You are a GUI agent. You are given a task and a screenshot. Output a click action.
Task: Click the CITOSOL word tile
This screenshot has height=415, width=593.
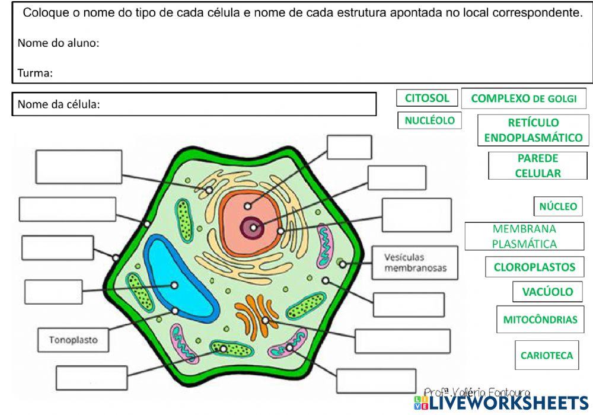pos(427,98)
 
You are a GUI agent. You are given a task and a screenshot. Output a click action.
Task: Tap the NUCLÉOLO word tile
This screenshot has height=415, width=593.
pos(429,120)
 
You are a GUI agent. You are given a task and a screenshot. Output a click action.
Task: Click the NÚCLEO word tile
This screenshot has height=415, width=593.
pos(557,207)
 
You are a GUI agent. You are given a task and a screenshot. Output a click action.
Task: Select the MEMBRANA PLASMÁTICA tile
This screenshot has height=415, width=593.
pos(524,236)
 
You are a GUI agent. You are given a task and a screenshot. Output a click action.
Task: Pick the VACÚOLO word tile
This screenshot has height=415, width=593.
pos(547,292)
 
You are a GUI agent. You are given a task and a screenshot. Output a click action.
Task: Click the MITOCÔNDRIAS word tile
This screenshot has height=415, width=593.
pos(540,320)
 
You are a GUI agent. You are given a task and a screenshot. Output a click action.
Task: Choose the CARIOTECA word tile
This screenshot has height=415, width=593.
pos(547,356)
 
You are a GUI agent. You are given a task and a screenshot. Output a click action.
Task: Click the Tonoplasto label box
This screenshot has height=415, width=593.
pos(74,340)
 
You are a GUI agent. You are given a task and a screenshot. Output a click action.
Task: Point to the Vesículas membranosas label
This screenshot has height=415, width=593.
pos(415,263)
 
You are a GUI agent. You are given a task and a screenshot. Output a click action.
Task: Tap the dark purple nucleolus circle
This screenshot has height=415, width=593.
pos(253,228)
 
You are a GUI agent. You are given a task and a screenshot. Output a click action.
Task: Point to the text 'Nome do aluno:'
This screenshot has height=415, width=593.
pos(58,43)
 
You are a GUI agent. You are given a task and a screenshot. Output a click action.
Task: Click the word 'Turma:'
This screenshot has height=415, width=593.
pos(35,74)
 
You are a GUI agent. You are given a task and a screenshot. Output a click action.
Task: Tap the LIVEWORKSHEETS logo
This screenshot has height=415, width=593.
pos(501,403)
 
